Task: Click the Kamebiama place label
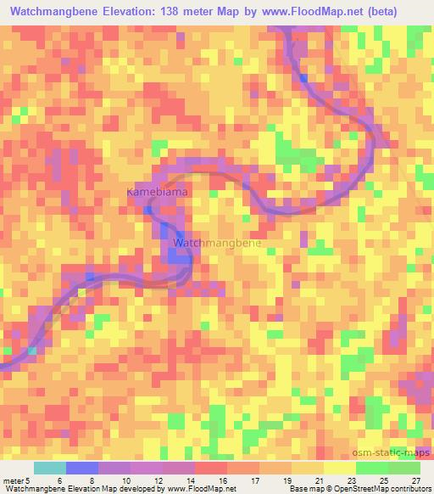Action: (156, 193)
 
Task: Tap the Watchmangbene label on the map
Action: (217, 243)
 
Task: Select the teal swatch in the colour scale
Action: (49, 468)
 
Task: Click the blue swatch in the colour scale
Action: (81, 468)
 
